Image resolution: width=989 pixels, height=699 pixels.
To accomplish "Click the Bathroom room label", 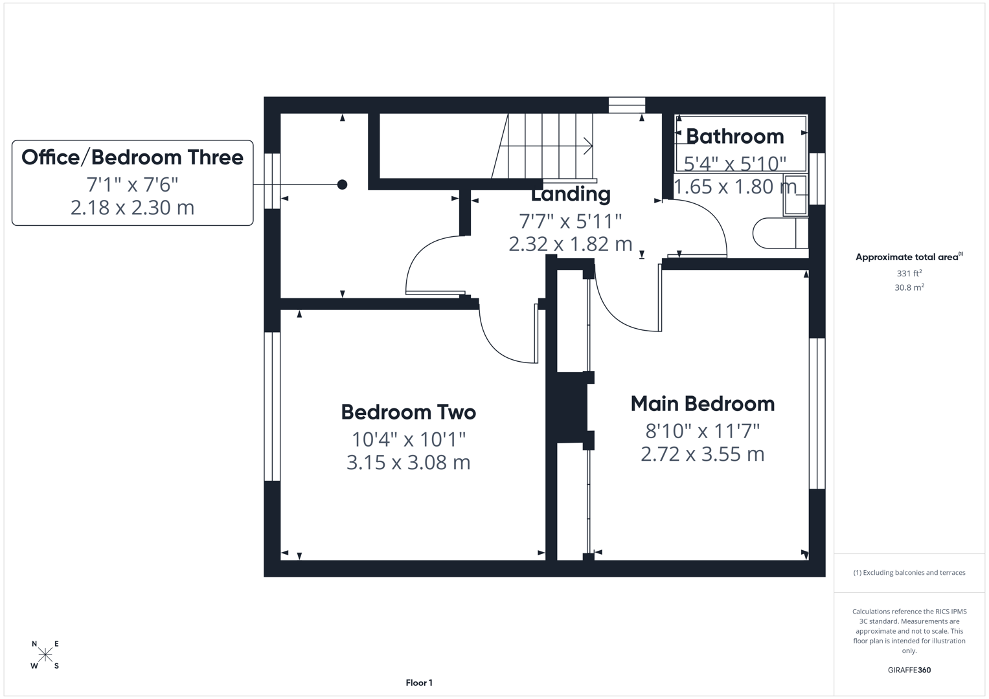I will click(734, 137).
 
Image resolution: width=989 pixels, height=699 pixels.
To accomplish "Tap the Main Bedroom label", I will click(703, 404).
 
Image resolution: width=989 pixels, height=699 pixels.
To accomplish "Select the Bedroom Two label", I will click(408, 412).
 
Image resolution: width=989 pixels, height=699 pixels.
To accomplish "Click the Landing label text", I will click(571, 194).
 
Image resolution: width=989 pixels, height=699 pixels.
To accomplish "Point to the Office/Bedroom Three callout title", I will click(132, 157).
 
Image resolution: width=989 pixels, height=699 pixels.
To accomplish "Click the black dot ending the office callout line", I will click(342, 184).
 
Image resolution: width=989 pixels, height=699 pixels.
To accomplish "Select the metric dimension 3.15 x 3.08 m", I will click(408, 463).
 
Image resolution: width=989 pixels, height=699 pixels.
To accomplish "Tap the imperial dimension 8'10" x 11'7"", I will click(703, 430).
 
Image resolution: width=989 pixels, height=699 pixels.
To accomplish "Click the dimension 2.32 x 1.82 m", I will click(571, 244).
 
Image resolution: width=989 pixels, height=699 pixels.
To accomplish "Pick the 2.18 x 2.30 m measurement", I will click(132, 208).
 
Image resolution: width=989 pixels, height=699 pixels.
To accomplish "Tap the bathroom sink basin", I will click(795, 194).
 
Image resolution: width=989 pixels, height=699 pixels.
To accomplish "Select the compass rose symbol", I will click(45, 654).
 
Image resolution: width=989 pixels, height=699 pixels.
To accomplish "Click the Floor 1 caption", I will click(419, 683).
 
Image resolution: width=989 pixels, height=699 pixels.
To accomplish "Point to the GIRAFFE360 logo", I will click(909, 670).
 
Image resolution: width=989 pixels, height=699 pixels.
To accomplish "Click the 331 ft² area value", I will click(909, 273).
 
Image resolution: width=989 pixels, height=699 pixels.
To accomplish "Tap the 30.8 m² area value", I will click(909, 287).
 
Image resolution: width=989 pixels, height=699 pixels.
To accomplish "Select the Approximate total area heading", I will click(908, 257).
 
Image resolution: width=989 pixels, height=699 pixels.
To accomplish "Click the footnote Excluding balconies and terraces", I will click(909, 573).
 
